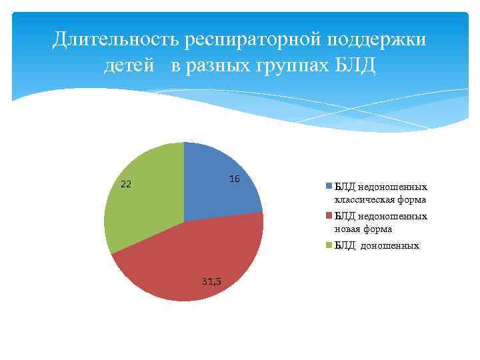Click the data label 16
point(234,179)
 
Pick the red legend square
point(329,216)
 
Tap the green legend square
point(329,245)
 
